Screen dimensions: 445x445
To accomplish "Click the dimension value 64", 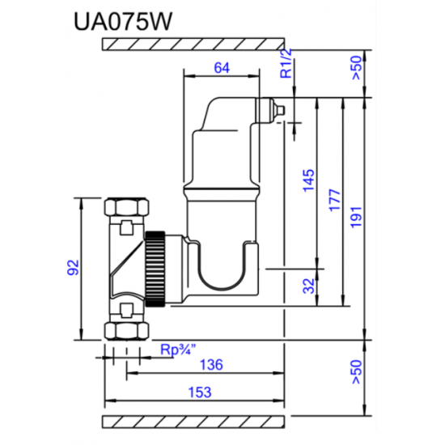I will click(222, 69).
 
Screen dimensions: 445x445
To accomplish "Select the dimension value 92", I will click(72, 267).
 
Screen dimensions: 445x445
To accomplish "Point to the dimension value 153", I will click(198, 392).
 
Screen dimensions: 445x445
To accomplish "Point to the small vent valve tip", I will click(278, 108).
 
